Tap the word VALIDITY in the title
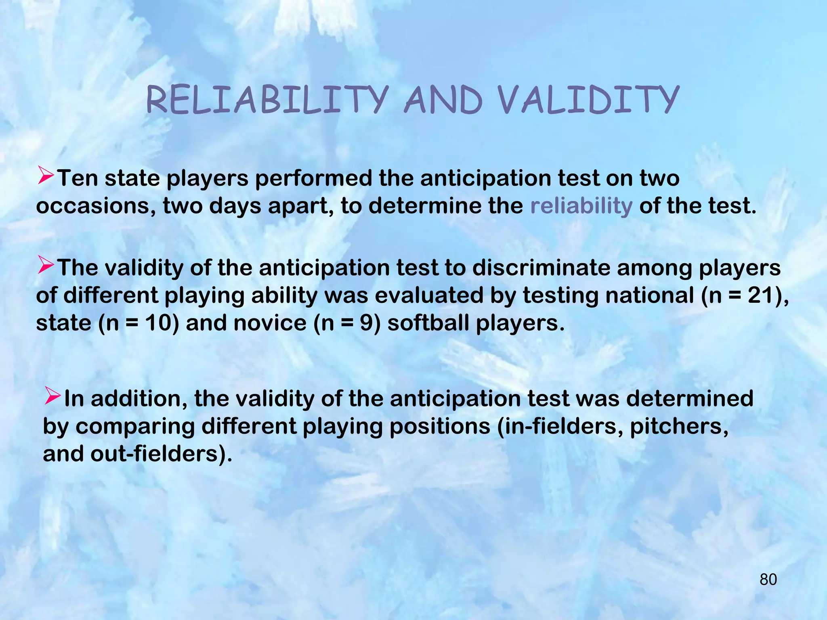(x=588, y=100)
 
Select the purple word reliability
(x=581, y=206)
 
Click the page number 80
(x=768, y=580)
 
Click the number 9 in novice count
(x=366, y=323)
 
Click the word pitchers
(x=679, y=426)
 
